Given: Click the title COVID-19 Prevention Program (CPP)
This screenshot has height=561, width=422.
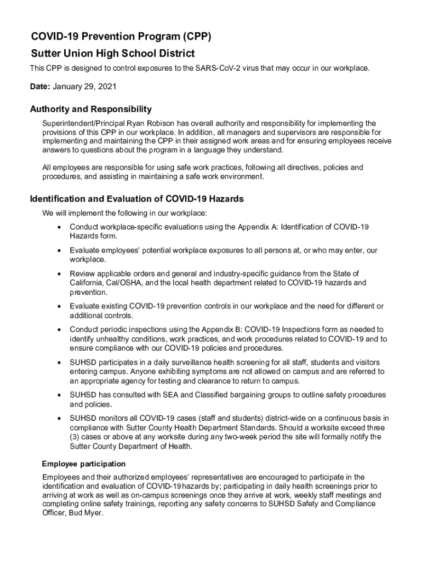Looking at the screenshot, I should click(x=120, y=37).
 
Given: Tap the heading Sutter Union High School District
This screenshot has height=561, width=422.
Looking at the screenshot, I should click(x=112, y=54).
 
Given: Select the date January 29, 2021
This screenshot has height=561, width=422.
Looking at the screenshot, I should click(x=85, y=87).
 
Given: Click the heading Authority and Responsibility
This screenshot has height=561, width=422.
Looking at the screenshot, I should click(x=90, y=110).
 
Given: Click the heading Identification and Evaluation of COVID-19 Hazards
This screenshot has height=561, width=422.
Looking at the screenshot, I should click(x=136, y=199).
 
